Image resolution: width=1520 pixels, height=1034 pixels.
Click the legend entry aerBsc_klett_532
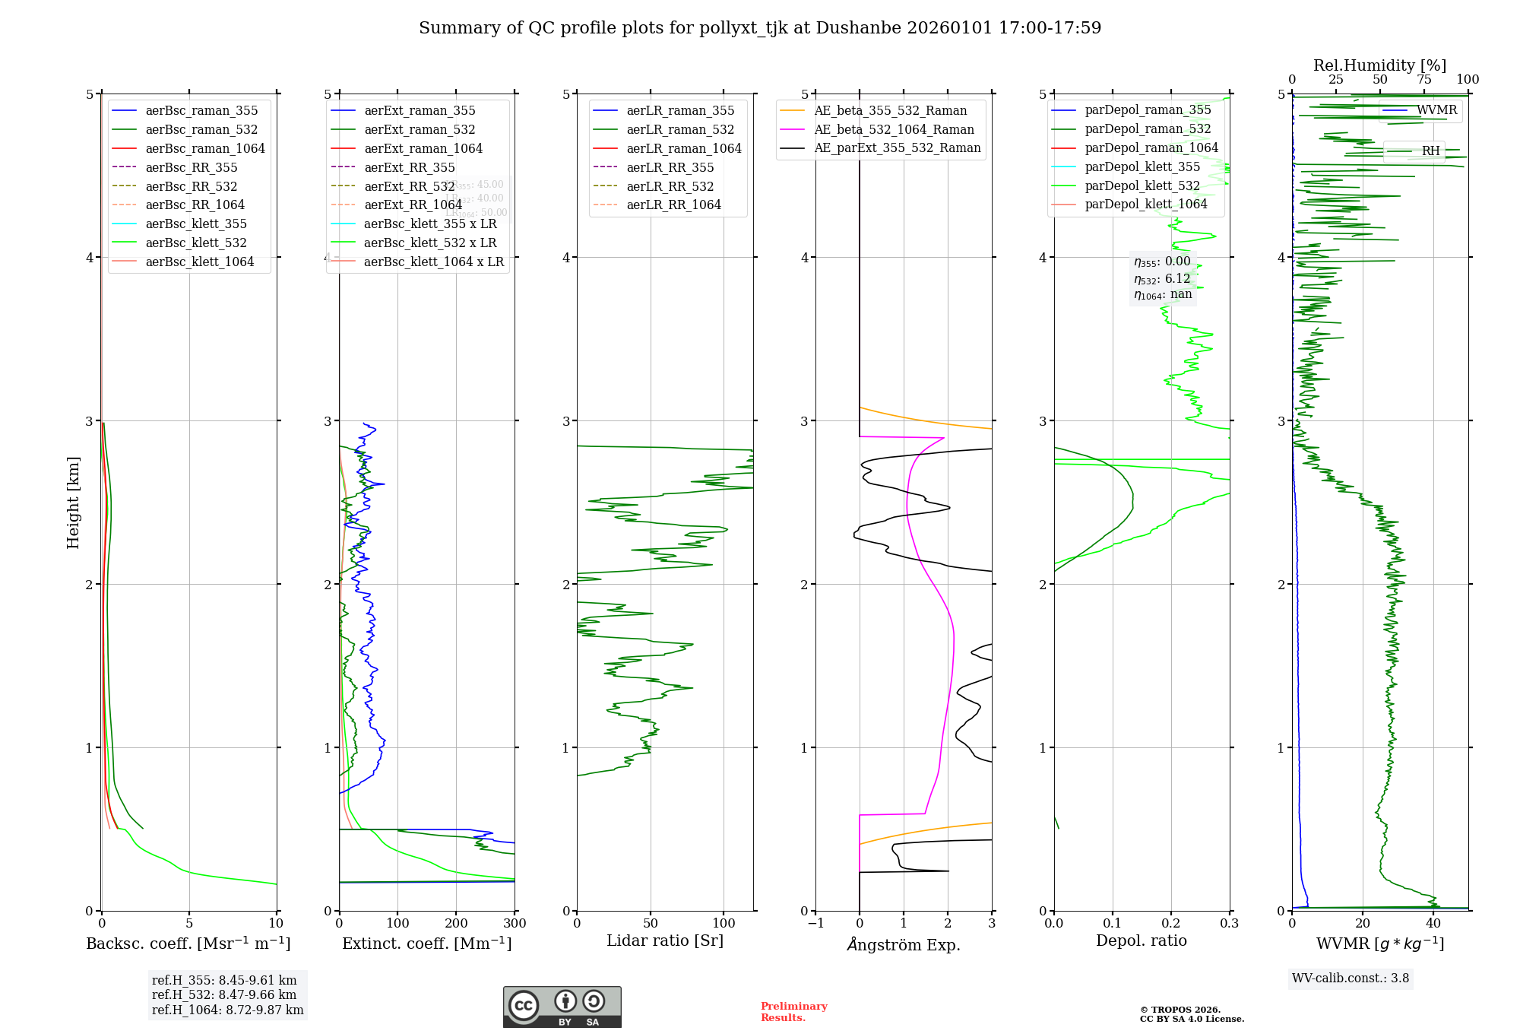[x=196, y=243]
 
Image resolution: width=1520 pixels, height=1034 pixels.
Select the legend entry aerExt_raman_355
[x=420, y=111]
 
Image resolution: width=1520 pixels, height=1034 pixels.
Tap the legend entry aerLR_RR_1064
[x=673, y=205]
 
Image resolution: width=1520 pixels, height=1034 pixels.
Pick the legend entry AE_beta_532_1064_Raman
[x=894, y=130]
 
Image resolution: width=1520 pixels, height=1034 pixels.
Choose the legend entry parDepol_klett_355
[x=1142, y=167]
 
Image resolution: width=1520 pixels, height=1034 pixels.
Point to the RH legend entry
[x=1430, y=151]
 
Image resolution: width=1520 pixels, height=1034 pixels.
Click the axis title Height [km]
[x=73, y=503]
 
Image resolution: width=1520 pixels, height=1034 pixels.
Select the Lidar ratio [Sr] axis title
[x=665, y=940]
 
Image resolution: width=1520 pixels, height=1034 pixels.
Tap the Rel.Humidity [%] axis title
[x=1379, y=65]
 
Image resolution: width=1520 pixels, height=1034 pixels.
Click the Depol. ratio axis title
[x=1141, y=940]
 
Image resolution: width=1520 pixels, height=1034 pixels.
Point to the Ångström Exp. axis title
[x=904, y=944]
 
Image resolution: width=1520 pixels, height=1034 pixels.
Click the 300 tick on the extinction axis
[x=515, y=923]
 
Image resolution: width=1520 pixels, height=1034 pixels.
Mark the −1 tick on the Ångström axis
[x=815, y=923]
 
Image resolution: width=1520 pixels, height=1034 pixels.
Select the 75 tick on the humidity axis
[x=1423, y=80]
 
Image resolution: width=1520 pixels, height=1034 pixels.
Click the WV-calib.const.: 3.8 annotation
[x=1351, y=978]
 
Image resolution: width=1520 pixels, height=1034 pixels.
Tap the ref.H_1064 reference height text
[x=227, y=1010]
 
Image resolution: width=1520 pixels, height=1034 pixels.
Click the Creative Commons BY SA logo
[x=562, y=1007]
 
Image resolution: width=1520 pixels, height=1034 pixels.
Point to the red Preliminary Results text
[x=793, y=1011]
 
